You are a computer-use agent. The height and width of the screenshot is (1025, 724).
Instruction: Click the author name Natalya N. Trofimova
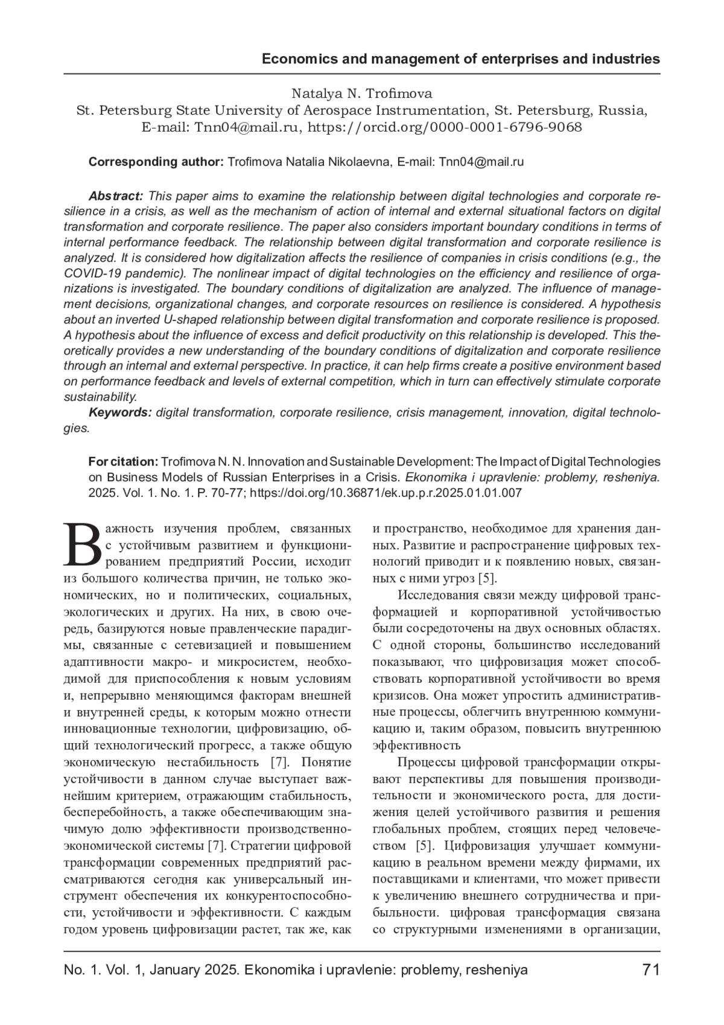point(362,94)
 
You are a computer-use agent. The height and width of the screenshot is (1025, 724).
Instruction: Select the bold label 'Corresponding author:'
point(156,162)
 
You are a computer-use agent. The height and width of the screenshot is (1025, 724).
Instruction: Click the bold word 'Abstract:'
point(116,196)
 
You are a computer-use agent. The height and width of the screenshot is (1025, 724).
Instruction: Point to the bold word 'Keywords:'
point(120,412)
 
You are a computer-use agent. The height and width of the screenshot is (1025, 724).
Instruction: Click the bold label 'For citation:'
point(123,462)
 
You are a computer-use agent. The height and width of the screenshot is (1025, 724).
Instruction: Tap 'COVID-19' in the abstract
point(91,273)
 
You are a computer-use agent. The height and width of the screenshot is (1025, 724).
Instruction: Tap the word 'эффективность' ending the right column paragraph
point(416,745)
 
